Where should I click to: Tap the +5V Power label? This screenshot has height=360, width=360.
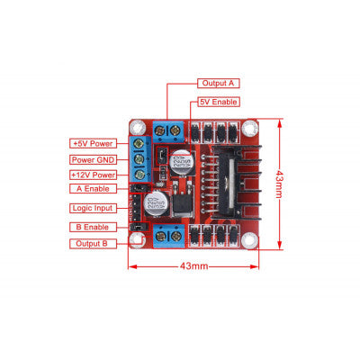(x=93, y=142)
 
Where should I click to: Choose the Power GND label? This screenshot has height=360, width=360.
(x=93, y=158)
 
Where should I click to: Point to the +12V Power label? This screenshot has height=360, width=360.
(x=93, y=175)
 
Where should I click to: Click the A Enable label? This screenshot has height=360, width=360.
(x=93, y=189)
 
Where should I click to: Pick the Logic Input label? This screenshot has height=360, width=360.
(x=93, y=208)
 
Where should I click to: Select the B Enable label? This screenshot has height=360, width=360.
(x=93, y=226)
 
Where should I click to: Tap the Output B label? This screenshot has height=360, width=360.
(x=93, y=243)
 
